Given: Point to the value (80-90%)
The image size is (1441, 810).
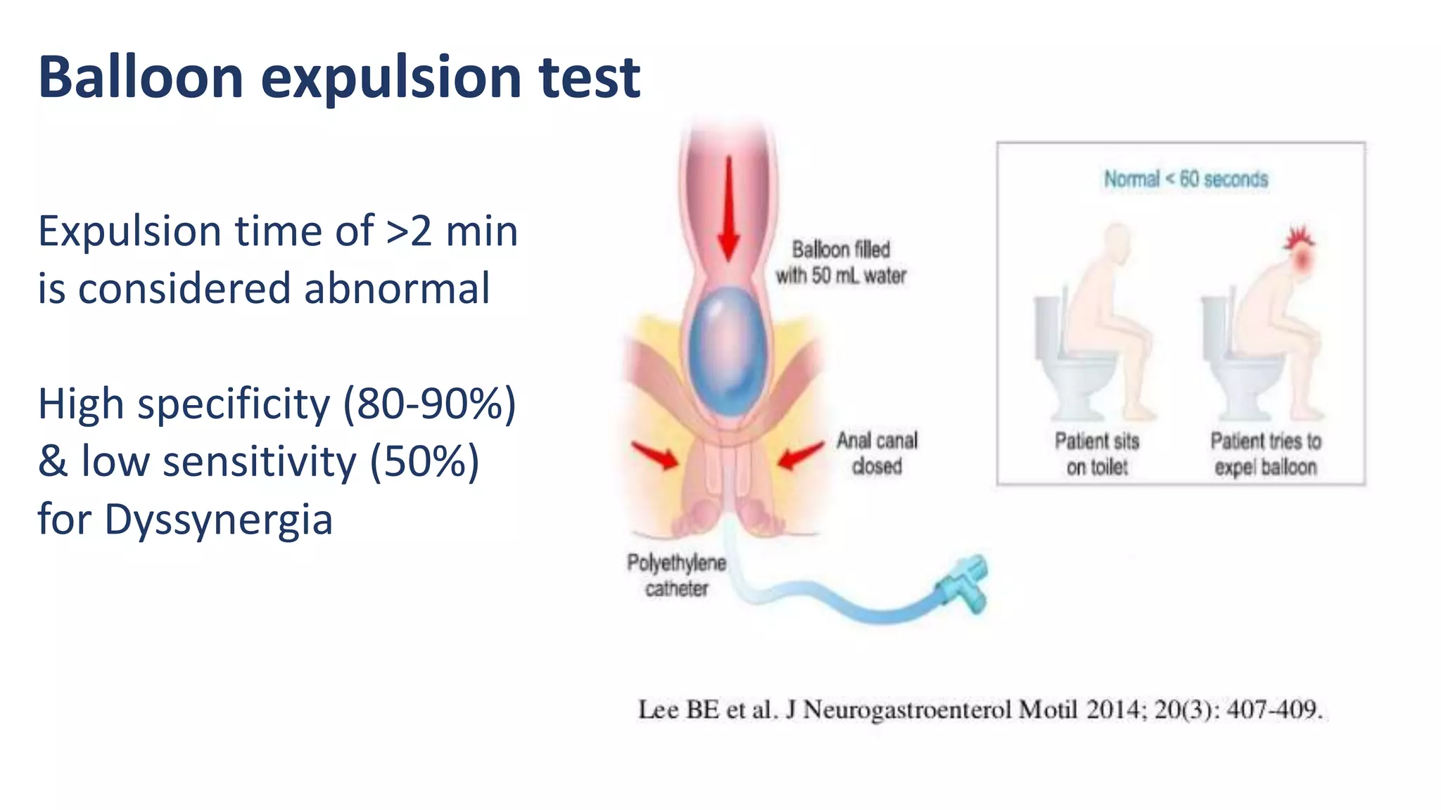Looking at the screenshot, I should click(x=429, y=404).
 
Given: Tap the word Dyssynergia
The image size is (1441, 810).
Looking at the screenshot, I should click(x=218, y=519).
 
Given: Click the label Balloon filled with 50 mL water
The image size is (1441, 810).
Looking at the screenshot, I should click(x=841, y=262).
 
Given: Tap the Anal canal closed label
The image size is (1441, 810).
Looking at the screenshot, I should click(x=877, y=453).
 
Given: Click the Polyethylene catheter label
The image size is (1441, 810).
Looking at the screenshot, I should click(x=676, y=575).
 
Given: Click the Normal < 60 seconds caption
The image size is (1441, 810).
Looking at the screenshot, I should click(x=1186, y=179).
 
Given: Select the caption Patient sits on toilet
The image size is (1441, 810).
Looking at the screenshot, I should click(x=1096, y=454).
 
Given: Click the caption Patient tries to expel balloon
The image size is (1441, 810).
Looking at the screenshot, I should click(x=1265, y=454).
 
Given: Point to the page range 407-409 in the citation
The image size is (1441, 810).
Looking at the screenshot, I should click(x=1274, y=709).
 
